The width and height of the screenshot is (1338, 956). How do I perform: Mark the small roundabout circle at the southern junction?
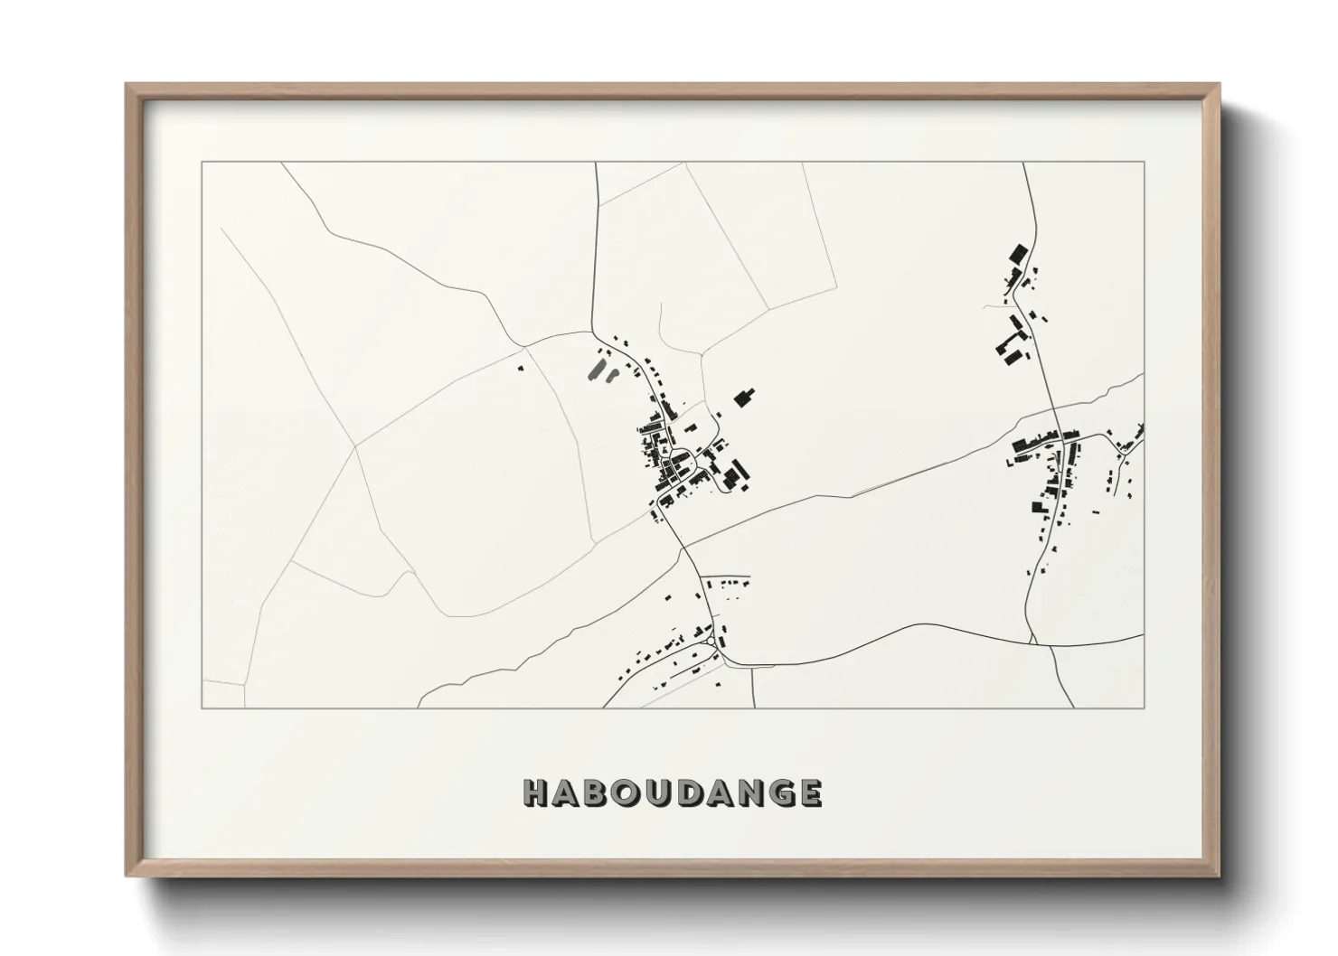point(713,642)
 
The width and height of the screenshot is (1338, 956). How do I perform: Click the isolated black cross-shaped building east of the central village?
point(744,397)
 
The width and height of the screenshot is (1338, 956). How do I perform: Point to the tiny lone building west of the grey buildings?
point(520,368)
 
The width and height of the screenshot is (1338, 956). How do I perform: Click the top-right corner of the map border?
point(1144,162)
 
